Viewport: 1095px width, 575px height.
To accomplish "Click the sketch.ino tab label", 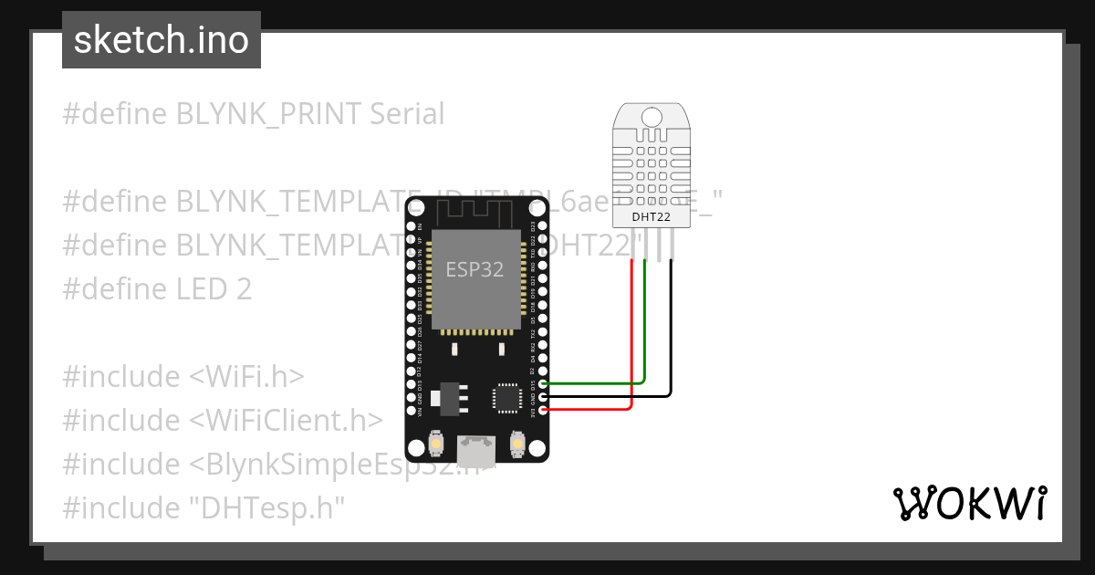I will click(161, 40).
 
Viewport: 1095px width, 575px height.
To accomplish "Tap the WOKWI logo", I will click(969, 503).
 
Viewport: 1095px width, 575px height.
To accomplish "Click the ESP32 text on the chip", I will click(474, 269).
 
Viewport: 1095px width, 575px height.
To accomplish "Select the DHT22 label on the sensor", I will click(652, 216).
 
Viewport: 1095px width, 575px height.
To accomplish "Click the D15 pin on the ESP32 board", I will click(544, 384).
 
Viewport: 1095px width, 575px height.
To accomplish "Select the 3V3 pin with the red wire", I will click(544, 410).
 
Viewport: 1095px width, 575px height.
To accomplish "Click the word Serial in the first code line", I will click(407, 114).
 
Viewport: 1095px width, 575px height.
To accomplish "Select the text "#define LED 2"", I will click(157, 289).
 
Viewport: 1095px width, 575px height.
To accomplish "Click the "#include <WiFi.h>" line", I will click(182, 376).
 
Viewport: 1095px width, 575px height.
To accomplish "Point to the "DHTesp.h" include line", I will click(204, 507).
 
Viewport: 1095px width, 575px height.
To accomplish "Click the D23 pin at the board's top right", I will click(544, 225).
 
